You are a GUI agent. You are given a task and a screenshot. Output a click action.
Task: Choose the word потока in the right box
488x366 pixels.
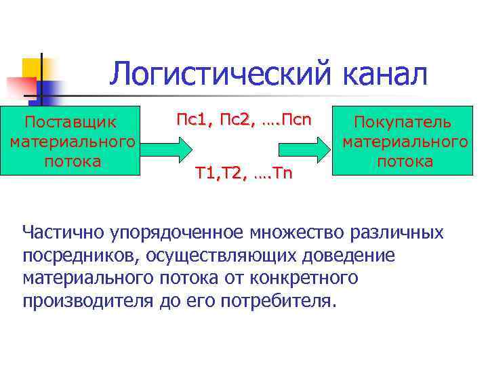coord(405,161)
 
